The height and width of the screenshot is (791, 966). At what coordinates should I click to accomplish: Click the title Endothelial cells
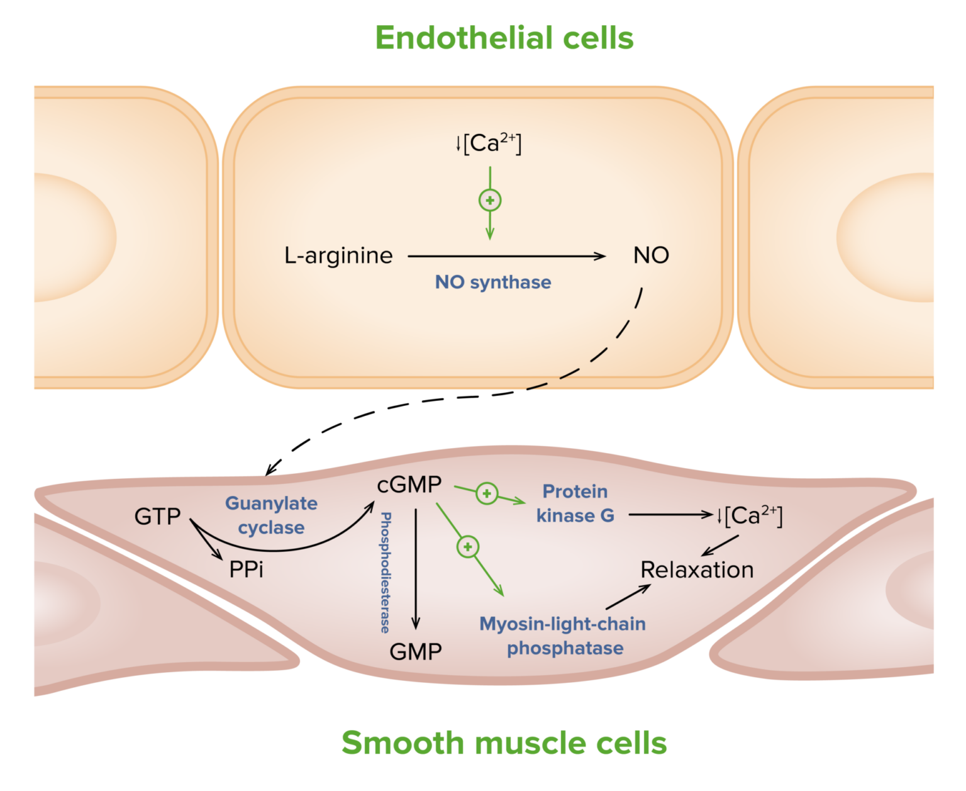click(504, 38)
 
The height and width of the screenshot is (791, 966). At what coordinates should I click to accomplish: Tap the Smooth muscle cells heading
click(504, 743)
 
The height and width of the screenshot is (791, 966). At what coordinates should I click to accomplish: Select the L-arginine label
click(338, 255)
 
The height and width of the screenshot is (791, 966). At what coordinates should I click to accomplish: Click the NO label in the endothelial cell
click(651, 255)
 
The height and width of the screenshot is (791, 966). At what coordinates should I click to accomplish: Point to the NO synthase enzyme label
click(493, 282)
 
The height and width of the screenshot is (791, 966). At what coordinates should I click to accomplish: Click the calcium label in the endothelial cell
click(489, 143)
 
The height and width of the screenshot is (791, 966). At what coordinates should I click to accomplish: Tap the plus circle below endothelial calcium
click(490, 201)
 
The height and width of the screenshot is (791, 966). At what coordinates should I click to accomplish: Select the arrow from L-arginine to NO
click(506, 256)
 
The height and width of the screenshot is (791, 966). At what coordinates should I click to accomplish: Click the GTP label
click(157, 517)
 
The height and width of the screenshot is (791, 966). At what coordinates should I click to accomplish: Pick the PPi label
click(246, 569)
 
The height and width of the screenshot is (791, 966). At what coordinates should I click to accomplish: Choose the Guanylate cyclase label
click(271, 515)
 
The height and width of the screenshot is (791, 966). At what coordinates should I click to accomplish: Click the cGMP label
click(409, 485)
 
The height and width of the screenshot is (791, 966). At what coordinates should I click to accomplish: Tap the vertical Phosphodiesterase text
click(385, 572)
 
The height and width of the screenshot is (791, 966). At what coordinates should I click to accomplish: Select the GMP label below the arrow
click(416, 651)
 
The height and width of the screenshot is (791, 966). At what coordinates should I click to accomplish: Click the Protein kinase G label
click(575, 503)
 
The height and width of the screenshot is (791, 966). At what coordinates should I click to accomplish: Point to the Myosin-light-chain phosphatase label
click(563, 636)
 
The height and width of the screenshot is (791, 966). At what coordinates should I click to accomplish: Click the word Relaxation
click(697, 569)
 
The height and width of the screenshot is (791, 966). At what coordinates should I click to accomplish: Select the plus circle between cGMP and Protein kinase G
click(486, 493)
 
